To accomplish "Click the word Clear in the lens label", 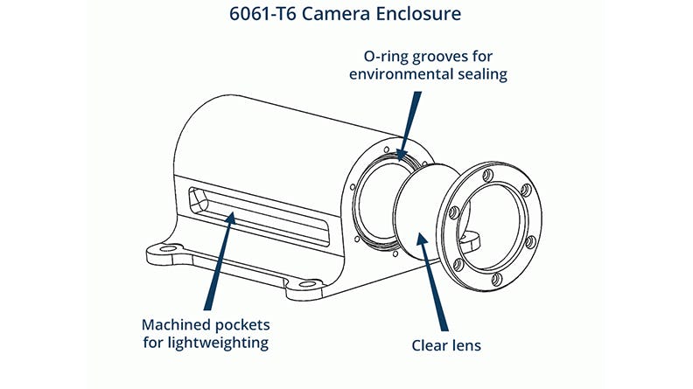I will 431,345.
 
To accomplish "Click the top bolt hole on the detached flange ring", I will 489,174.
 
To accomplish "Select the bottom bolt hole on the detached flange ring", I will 496,279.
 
